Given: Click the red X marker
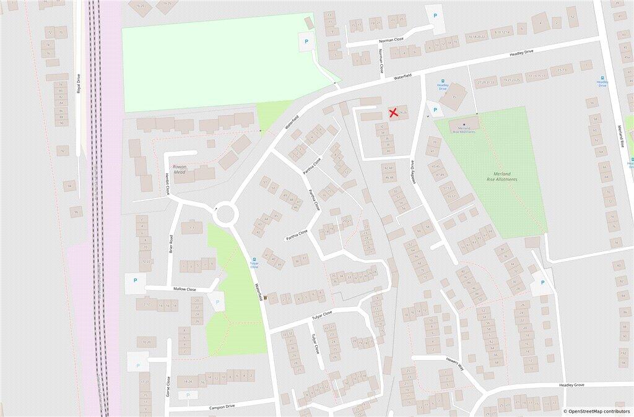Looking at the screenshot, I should [393, 113].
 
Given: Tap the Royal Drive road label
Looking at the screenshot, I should [79, 84].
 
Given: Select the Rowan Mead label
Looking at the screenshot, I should [179, 170].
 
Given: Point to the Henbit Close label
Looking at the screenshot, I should [167, 184].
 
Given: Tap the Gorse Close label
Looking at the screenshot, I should [167, 386].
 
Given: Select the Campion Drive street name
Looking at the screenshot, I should [221, 406].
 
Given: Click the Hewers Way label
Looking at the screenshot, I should [454, 363].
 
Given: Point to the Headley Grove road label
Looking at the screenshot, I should [571, 385].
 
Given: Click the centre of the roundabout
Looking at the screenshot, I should [225, 214].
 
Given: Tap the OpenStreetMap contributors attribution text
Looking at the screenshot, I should [596, 411].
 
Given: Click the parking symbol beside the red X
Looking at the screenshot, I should [435, 110].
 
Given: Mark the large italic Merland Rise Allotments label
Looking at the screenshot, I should [502, 177].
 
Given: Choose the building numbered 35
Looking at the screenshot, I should [454, 97].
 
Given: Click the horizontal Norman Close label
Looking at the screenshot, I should [391, 40].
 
